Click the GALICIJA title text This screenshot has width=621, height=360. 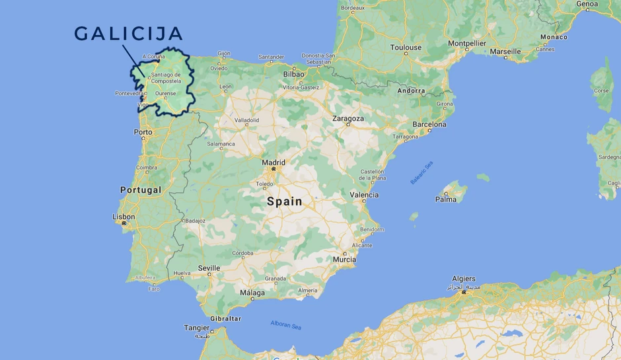pyautogui.click(x=128, y=33)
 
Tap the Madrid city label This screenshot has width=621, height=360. pyautogui.click(x=274, y=162)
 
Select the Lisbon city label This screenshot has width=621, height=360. pyautogui.click(x=124, y=217)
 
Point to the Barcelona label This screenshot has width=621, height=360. pyautogui.click(x=429, y=124)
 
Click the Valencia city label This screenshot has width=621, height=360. pyautogui.click(x=364, y=195)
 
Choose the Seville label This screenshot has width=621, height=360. pyautogui.click(x=209, y=268)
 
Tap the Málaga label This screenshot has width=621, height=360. pyautogui.click(x=252, y=293)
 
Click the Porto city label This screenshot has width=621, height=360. pyautogui.click(x=143, y=132)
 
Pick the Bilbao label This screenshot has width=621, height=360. pyautogui.click(x=293, y=74)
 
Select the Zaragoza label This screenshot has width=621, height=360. pyautogui.click(x=348, y=119)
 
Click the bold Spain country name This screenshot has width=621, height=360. pyautogui.click(x=284, y=202)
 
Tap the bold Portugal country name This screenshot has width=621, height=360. pyautogui.click(x=141, y=190)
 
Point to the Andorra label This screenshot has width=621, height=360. pyautogui.click(x=411, y=90)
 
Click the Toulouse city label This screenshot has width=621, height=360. pyautogui.click(x=406, y=48)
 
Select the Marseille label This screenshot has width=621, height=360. pyautogui.click(x=505, y=52)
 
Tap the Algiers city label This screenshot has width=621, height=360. pyautogui.click(x=464, y=279)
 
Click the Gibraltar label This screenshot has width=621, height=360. pyautogui.click(x=225, y=318)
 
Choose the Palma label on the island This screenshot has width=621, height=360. pyautogui.click(x=446, y=199)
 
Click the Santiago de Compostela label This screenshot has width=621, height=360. pyautogui.click(x=166, y=78)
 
